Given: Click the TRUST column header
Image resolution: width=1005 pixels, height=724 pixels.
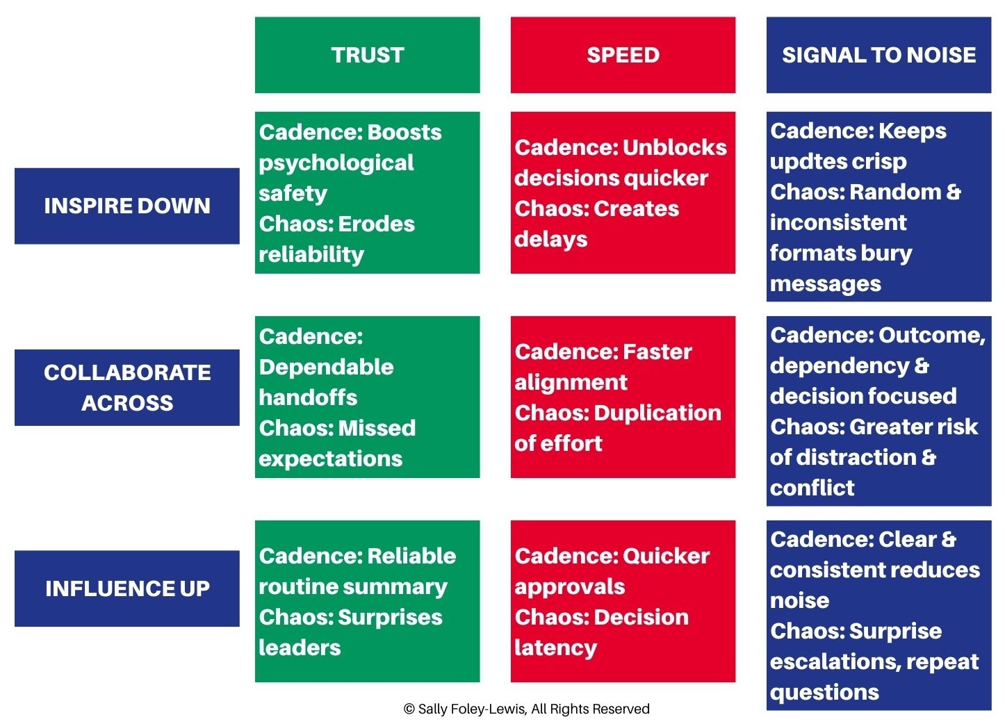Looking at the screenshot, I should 367,55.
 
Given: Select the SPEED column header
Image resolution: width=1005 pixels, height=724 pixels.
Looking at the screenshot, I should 623,55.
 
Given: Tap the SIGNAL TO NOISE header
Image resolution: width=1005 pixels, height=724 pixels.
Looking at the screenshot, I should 879,55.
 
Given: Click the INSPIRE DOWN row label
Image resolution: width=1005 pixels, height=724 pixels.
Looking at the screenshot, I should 127,206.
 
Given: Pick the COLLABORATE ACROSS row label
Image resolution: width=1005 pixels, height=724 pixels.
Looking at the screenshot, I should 127,387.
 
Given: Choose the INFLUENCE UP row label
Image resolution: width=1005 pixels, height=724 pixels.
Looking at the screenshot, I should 127,589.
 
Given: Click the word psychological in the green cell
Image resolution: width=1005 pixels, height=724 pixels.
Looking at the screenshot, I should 336,163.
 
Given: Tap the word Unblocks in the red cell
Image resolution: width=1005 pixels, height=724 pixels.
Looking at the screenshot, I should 674,147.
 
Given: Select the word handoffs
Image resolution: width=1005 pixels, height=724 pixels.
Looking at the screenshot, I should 308,397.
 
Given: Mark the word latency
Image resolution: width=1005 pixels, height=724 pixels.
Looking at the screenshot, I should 555,648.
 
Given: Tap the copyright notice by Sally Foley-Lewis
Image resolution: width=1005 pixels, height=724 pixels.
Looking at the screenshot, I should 526,709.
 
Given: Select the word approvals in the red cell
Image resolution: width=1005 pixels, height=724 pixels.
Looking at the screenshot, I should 569,586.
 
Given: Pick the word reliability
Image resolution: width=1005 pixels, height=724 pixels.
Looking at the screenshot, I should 311,254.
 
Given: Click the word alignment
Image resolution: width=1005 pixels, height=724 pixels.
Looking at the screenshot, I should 571,382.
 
